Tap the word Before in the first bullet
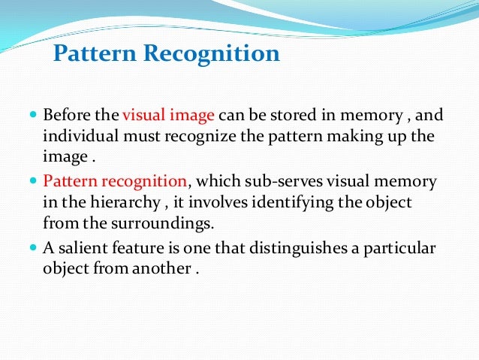[x=65, y=116]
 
